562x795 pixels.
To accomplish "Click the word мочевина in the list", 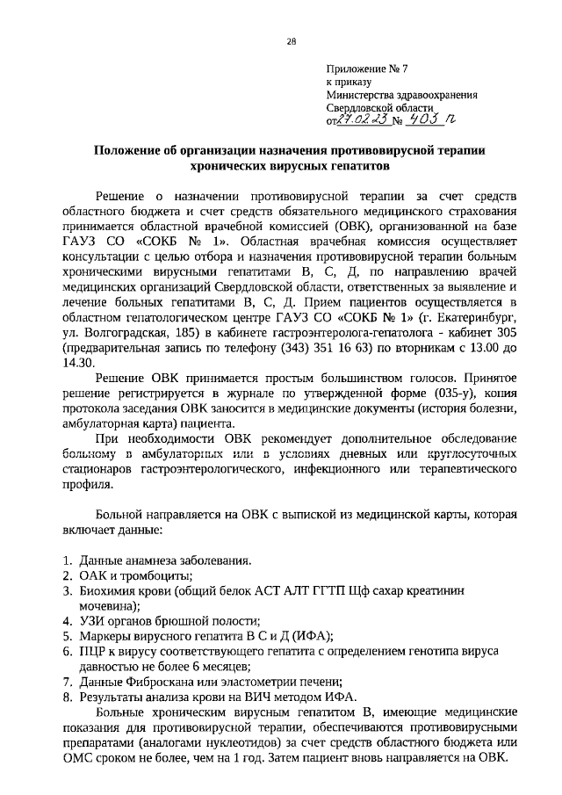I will [x=106, y=606].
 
